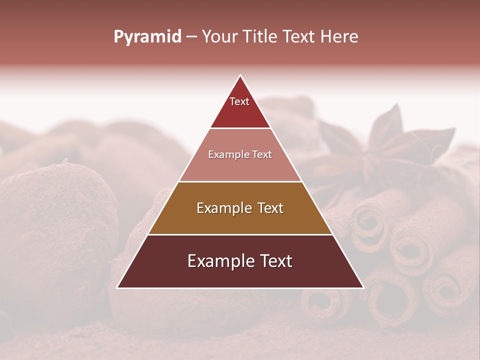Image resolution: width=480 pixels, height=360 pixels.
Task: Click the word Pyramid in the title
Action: (147, 37)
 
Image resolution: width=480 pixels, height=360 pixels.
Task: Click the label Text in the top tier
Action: (239, 101)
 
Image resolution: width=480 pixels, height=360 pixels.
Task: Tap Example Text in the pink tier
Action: (240, 154)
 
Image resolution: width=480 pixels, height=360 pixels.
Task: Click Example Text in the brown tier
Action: (240, 208)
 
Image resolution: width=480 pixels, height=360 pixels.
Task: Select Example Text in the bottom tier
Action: (240, 261)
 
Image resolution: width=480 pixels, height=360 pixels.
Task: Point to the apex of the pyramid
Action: (240, 76)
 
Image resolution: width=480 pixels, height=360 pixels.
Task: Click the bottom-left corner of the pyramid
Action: (118, 287)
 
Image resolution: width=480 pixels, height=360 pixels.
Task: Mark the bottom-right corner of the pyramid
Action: (362, 287)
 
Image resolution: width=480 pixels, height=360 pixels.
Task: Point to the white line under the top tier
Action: (240, 128)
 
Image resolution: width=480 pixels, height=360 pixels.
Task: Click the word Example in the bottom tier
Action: (217, 261)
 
